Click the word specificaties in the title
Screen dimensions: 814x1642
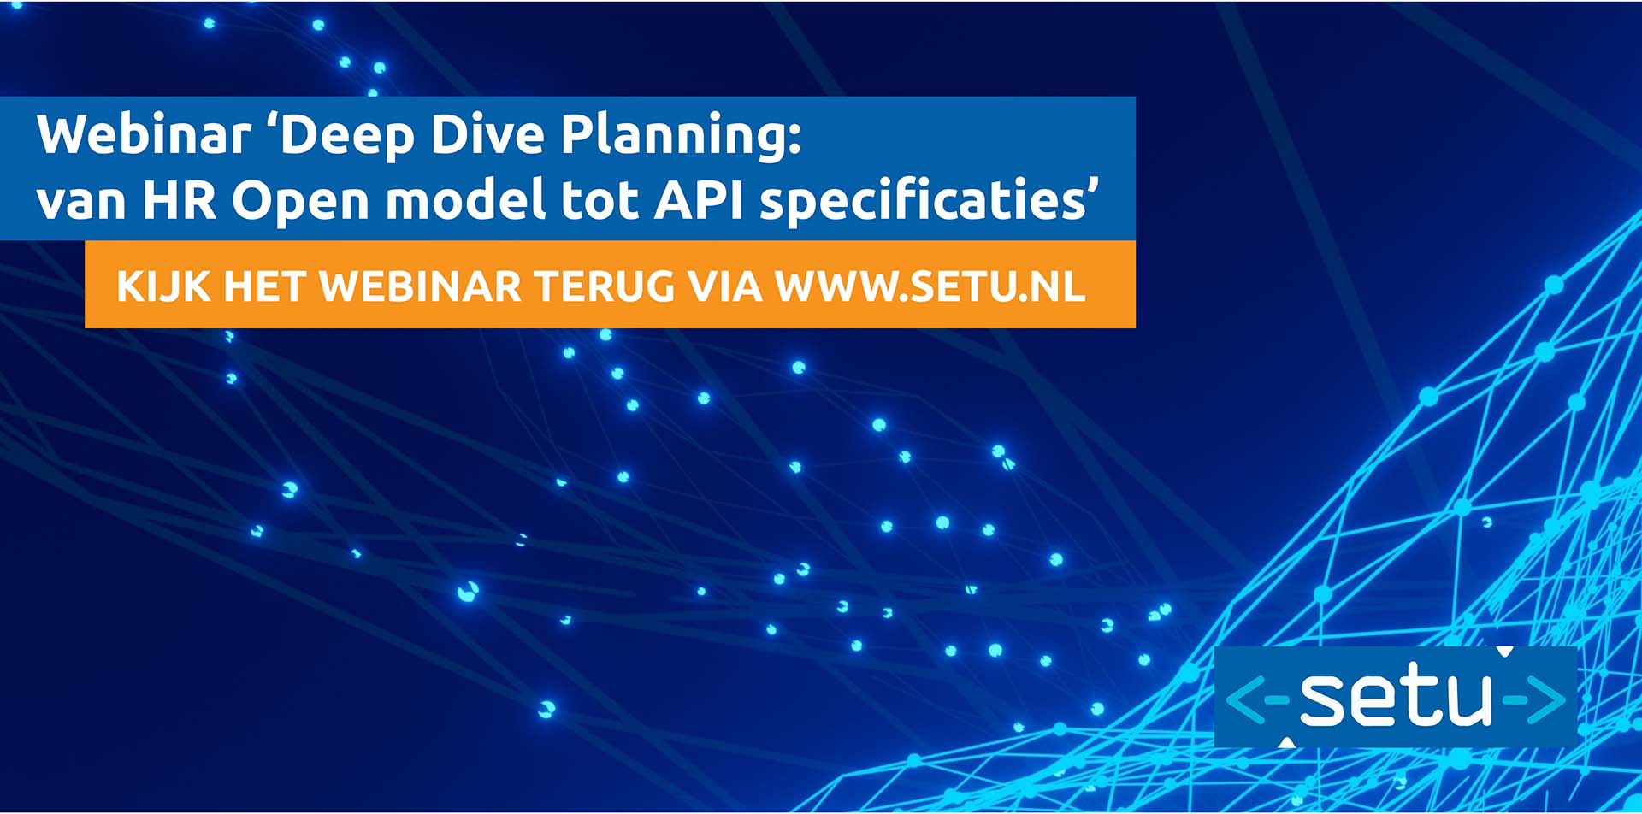point(924,202)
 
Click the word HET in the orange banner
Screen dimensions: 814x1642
point(264,286)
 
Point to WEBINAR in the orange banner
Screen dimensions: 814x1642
point(420,286)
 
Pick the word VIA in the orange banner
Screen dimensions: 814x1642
point(725,286)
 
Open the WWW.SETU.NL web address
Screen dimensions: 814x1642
point(930,286)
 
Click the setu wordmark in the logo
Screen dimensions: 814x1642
point(1396,697)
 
